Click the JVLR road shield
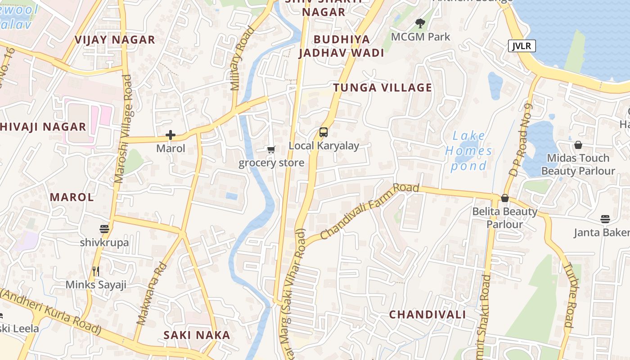522,46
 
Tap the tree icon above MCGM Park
420,23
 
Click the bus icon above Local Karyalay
324,132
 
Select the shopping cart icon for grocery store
271,150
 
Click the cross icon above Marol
171,135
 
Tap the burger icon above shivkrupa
104,229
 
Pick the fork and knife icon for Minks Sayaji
95,271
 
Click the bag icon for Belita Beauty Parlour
505,198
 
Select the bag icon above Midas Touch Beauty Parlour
578,145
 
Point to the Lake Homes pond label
469,151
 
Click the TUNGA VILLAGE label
382,88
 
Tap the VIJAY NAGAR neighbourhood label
115,40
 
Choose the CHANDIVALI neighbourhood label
427,315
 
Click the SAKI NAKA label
197,335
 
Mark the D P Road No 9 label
521,140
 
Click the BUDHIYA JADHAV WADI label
342,46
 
